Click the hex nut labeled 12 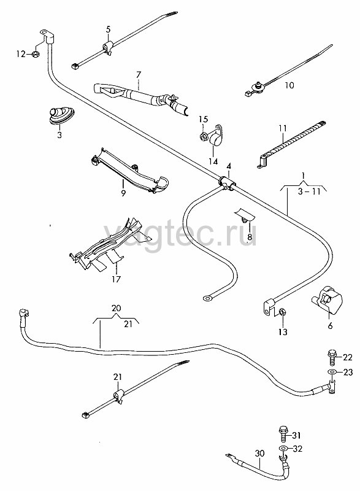(x=36, y=54)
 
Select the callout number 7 (x=139, y=75)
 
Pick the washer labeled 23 (x=332, y=372)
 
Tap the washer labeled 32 (x=283, y=448)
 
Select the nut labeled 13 (x=281, y=312)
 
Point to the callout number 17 (x=116, y=279)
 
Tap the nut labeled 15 (x=203, y=136)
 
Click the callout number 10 (x=289, y=85)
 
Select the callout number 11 (x=283, y=128)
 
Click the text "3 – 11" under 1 (x=309, y=191)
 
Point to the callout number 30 (x=259, y=453)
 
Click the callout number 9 (x=123, y=193)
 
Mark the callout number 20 (x=116, y=308)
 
